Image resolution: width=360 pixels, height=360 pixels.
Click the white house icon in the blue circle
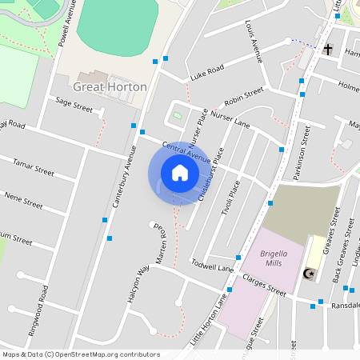[x=179, y=173]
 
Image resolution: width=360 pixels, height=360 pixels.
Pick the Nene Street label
[x=23, y=199]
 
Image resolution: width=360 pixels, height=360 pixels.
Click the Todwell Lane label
[x=212, y=265]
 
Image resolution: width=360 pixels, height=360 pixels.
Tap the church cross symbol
[x=328, y=50]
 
